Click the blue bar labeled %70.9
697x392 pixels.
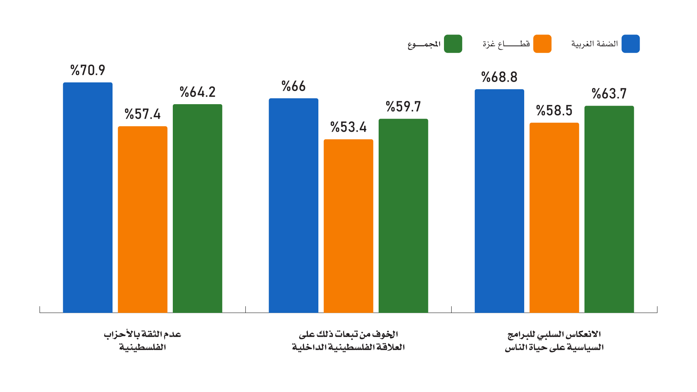[x=87, y=197]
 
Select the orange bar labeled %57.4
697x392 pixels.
[x=143, y=220]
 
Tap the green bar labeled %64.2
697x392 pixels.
[x=197, y=208]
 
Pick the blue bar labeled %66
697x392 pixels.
[x=293, y=205]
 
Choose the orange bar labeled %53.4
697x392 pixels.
[x=348, y=226]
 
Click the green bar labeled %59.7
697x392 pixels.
[x=403, y=216]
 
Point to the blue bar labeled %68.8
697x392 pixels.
[x=500, y=201]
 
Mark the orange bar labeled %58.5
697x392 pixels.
[x=554, y=218]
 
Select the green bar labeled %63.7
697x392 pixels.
[x=609, y=209]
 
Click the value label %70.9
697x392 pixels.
[x=88, y=70]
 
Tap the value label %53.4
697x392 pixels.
[x=348, y=127]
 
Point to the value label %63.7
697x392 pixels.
[x=609, y=94]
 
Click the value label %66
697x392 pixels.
[x=294, y=86]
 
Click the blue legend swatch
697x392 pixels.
[x=631, y=44]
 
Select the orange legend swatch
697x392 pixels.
[x=542, y=44]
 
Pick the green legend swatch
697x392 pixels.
[x=453, y=44]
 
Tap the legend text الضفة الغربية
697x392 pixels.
[x=595, y=44]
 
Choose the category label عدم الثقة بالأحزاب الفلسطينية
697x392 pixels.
[x=143, y=340]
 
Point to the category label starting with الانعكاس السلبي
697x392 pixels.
[x=554, y=340]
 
